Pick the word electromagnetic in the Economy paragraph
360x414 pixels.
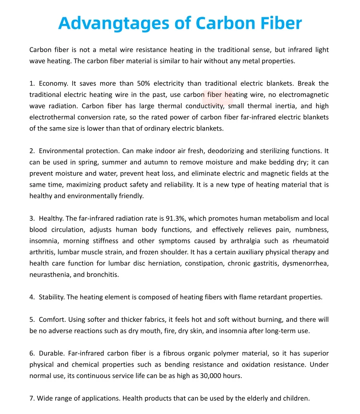pos(302,95)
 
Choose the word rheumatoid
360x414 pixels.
pos(307,241)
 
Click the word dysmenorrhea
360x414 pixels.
pos(306,263)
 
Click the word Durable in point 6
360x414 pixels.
pos(52,354)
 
